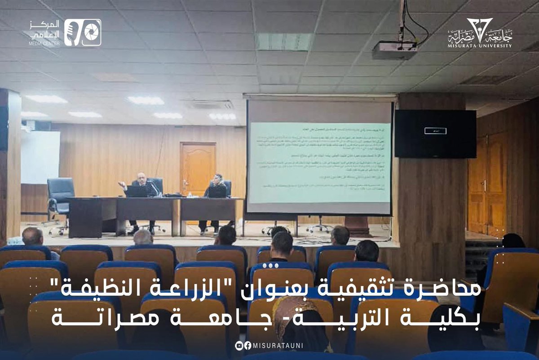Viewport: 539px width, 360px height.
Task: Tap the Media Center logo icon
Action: click(x=82, y=32)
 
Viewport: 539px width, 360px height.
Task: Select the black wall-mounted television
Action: click(x=435, y=133)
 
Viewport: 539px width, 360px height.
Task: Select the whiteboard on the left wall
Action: click(x=40, y=157)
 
